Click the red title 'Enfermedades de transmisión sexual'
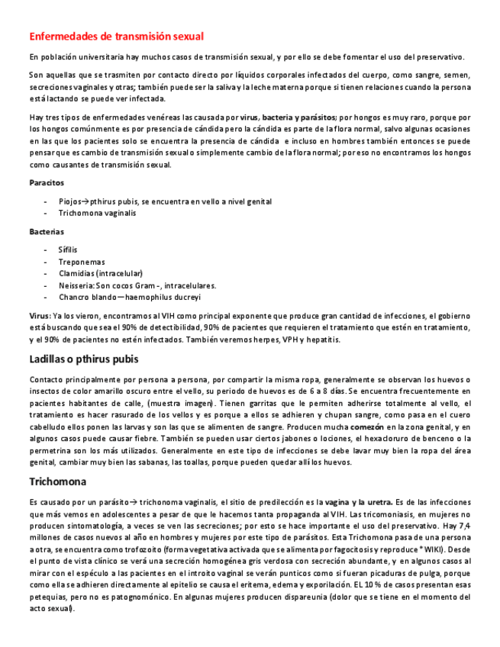[116, 36]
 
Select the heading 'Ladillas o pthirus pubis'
[84, 359]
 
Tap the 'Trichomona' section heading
[57, 481]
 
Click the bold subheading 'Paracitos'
[47, 183]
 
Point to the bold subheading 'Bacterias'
[47, 231]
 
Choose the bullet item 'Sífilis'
[68, 249]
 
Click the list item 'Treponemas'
[82, 262]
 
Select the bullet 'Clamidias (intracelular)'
[101, 273]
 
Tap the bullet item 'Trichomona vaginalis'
[98, 213]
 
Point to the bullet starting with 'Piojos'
[165, 201]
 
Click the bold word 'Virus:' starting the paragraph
[40, 315]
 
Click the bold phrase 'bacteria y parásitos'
[298, 117]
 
